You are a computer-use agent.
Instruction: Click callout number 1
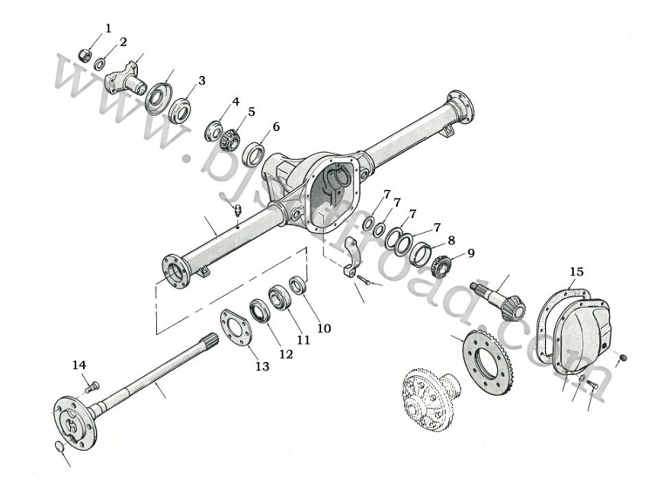[x=108, y=29]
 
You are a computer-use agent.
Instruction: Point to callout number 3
[x=202, y=81]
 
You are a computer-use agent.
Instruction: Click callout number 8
[x=451, y=240]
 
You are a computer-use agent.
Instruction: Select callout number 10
[x=324, y=328]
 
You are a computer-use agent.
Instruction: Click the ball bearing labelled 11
[x=280, y=298]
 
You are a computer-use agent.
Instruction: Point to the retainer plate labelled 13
[x=236, y=327]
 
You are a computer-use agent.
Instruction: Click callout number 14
[x=79, y=365]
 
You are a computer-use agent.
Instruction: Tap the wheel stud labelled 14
[x=92, y=387]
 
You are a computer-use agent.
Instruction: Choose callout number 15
[x=576, y=272]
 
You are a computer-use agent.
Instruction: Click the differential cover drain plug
[x=623, y=358]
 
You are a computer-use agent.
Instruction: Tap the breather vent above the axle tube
[x=238, y=210]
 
